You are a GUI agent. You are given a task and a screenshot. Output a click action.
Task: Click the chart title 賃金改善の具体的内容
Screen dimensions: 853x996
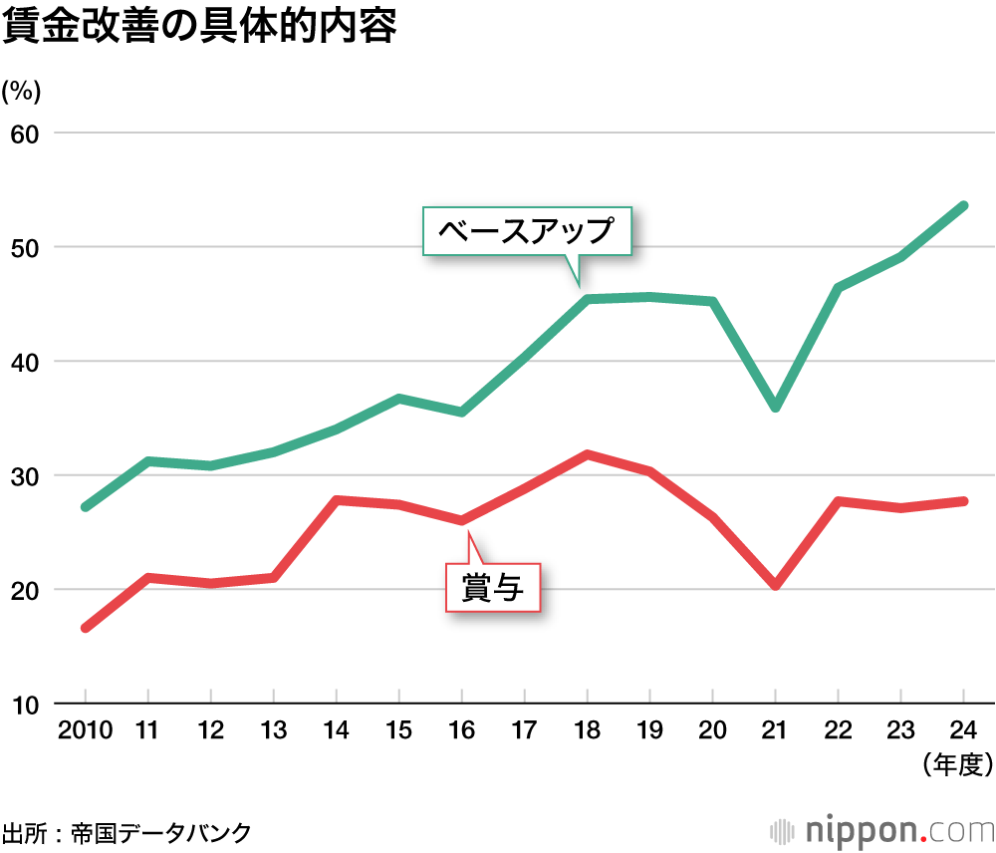(199, 27)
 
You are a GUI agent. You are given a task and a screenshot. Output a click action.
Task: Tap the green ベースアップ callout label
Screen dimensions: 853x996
(527, 232)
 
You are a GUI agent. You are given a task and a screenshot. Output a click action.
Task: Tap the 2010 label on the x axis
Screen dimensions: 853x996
(84, 730)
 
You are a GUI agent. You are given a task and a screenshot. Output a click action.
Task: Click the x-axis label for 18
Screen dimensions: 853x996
(587, 730)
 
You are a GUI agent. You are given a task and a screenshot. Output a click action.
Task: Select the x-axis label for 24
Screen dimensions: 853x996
(964, 730)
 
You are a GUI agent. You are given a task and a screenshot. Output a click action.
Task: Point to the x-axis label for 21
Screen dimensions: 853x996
(775, 730)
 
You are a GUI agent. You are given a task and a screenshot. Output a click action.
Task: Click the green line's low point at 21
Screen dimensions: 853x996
(775, 408)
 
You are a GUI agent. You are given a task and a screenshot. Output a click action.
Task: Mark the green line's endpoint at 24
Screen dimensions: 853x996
(964, 205)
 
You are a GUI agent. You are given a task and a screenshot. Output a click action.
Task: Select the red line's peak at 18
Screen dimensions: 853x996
(587, 454)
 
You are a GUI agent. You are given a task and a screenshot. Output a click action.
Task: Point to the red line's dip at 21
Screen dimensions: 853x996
(775, 585)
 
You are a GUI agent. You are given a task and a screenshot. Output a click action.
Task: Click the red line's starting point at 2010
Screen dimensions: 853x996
(86, 628)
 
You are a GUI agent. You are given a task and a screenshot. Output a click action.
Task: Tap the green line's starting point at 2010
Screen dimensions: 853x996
(86, 507)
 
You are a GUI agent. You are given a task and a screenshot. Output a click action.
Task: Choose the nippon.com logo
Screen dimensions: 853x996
(882, 830)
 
